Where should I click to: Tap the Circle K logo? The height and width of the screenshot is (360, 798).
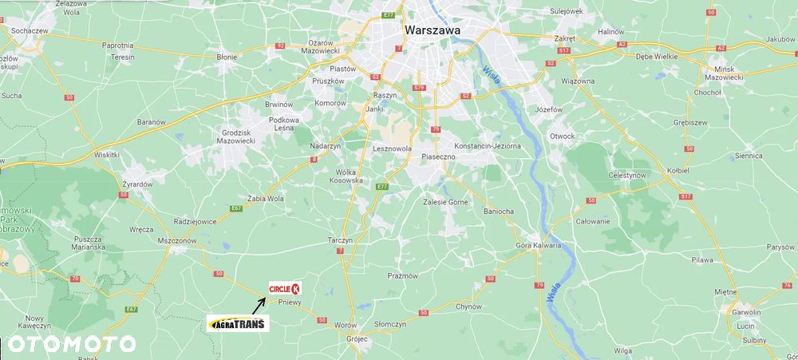[285, 289]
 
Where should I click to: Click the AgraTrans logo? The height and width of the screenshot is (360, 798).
[238, 323]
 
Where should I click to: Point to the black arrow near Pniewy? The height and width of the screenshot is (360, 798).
[259, 305]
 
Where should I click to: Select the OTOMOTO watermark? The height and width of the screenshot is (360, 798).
[71, 344]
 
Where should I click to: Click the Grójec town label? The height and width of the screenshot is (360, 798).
[357, 338]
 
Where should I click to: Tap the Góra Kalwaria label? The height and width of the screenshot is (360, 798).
[539, 245]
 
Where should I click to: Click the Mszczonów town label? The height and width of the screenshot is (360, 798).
[177, 240]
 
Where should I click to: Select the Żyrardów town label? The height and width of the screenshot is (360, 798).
[136, 184]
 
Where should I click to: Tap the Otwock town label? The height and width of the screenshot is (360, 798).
[562, 136]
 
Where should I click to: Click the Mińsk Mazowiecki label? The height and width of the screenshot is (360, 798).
[725, 73]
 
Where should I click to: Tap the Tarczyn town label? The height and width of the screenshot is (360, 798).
[341, 239]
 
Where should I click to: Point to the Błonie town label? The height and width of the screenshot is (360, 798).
[227, 57]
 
